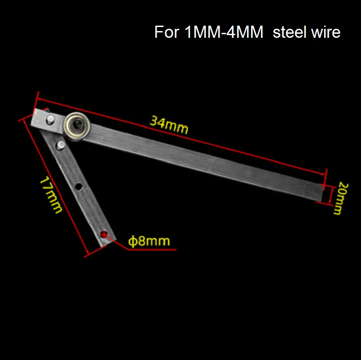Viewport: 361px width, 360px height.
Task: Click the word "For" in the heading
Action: click(x=167, y=32)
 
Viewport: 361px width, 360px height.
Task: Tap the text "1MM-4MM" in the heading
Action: click(x=224, y=32)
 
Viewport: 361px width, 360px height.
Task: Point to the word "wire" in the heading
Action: click(x=325, y=32)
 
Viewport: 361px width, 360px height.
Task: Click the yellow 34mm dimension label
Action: click(x=169, y=125)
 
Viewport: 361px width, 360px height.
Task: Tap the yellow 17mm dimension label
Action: click(x=51, y=195)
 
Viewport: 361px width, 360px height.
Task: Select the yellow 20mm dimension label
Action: click(x=340, y=198)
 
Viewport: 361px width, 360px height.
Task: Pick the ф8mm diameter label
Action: click(x=149, y=241)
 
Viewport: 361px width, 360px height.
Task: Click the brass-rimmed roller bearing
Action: click(x=77, y=126)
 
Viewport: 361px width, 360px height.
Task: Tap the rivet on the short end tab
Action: click(x=50, y=120)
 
